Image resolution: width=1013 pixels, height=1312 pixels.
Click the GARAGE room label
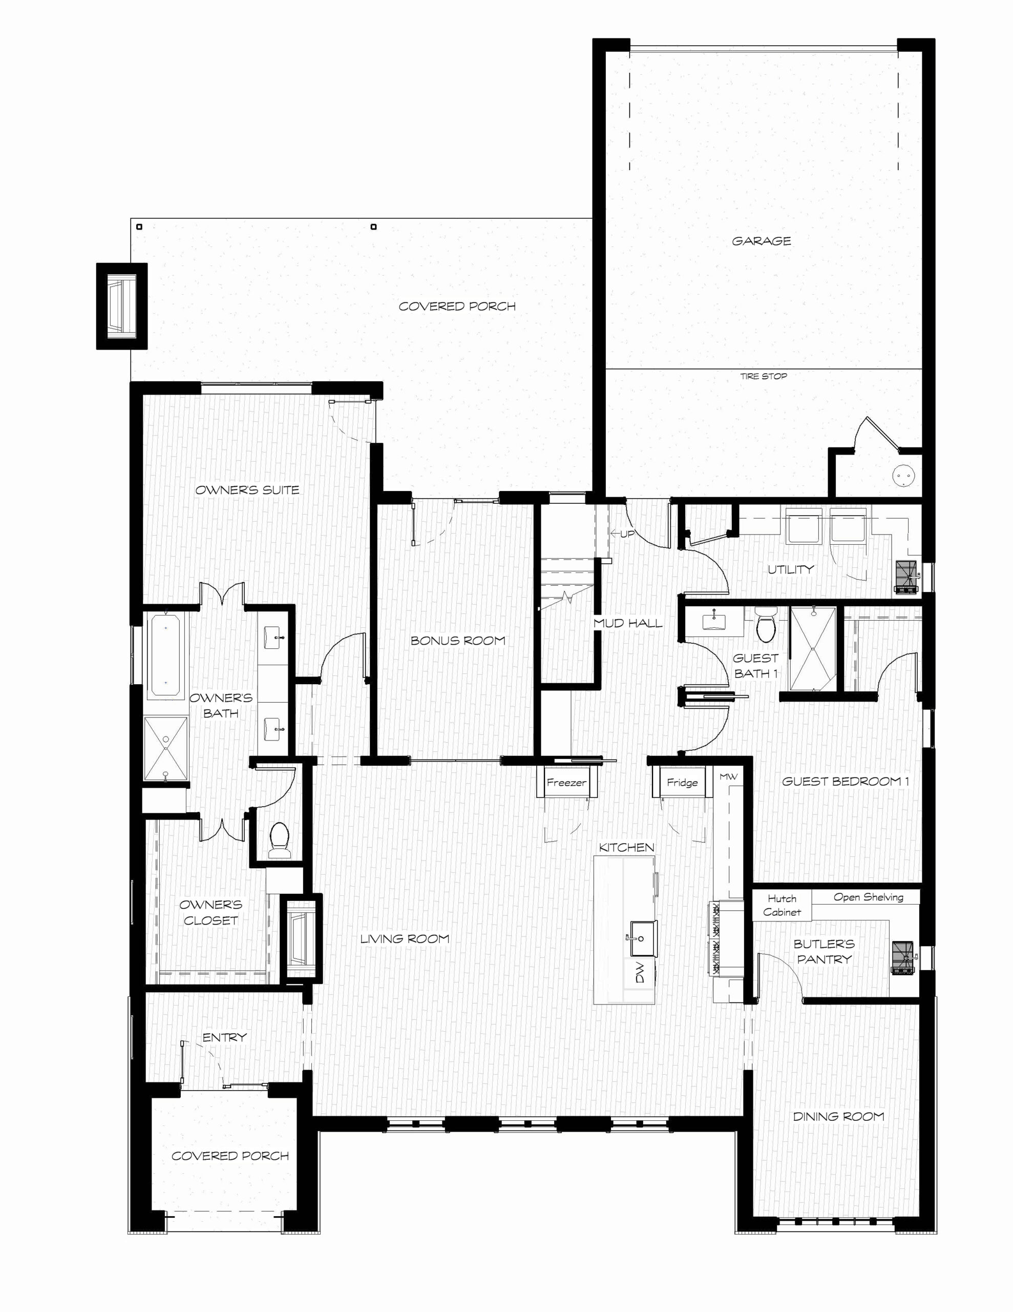(x=761, y=241)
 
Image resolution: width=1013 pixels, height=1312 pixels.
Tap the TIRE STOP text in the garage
(x=763, y=376)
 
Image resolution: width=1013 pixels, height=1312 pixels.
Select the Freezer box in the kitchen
(x=566, y=782)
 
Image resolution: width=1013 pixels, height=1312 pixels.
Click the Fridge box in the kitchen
(x=682, y=782)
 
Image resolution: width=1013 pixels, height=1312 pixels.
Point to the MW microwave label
(x=728, y=777)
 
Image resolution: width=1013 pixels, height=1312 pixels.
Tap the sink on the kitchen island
(x=640, y=938)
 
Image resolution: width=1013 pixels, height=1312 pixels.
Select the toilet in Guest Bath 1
(x=766, y=625)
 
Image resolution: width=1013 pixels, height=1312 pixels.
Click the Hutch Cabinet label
(x=782, y=905)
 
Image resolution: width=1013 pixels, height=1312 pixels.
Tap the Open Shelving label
(x=868, y=897)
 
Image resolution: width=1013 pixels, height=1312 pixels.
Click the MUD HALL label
(x=627, y=623)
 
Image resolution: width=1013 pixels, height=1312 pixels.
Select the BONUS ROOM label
(x=457, y=641)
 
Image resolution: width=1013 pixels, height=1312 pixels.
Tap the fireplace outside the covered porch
(x=122, y=306)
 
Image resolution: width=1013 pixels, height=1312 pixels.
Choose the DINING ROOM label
(x=838, y=1116)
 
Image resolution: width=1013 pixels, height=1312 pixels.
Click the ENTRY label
(x=225, y=1037)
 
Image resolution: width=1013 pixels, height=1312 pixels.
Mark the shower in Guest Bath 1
(x=812, y=649)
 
